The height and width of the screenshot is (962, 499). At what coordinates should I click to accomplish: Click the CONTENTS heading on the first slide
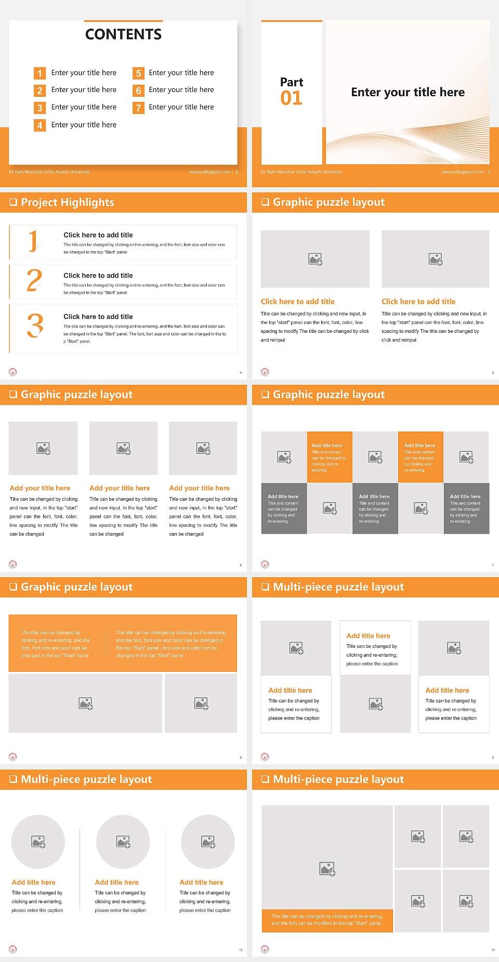click(123, 34)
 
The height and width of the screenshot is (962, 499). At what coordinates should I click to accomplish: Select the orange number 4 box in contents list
click(40, 125)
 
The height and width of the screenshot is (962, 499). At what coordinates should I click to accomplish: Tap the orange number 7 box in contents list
click(138, 108)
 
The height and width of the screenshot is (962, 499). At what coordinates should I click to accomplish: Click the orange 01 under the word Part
click(291, 98)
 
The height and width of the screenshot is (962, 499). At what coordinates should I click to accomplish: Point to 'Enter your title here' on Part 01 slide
click(408, 93)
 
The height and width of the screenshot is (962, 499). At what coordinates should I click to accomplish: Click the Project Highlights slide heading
click(68, 202)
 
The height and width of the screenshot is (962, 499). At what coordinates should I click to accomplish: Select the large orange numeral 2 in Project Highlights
click(34, 280)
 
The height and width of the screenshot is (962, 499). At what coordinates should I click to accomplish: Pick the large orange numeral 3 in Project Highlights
click(35, 326)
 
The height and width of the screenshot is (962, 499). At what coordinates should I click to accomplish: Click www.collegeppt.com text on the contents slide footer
click(210, 172)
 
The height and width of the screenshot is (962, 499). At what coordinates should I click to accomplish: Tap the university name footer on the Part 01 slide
click(301, 172)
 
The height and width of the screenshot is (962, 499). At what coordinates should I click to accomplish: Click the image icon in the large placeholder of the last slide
click(327, 868)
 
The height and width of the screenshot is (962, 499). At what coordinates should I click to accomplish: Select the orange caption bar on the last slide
click(327, 920)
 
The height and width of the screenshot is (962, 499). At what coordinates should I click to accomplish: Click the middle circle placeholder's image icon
click(123, 841)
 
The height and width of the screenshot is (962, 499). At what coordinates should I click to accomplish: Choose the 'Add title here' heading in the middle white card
click(368, 635)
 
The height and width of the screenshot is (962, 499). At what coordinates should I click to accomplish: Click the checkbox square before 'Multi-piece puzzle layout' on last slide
click(265, 779)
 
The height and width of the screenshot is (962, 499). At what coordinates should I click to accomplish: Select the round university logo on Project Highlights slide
click(13, 372)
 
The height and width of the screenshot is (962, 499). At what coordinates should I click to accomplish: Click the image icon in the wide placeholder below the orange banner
click(86, 704)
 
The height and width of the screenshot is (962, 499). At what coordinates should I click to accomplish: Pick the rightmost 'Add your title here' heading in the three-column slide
click(199, 488)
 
